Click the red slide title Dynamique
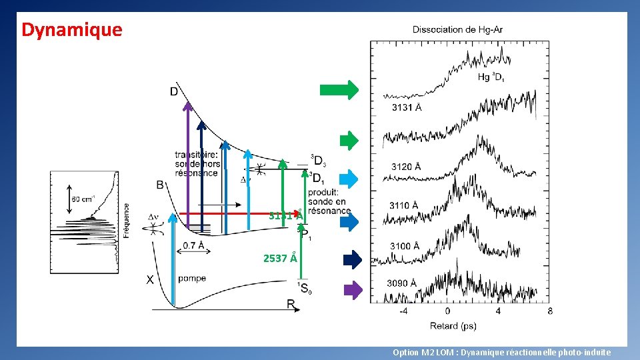(72, 30)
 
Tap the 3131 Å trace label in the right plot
(407, 107)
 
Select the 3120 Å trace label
(405, 166)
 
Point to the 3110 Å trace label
(404, 205)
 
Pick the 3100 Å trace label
(405, 246)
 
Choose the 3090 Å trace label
(401, 283)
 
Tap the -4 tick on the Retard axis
(403, 311)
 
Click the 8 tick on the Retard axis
(549, 311)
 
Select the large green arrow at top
(339, 90)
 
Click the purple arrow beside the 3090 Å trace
(353, 290)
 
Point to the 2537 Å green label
(280, 258)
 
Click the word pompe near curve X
(192, 279)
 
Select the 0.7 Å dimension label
(193, 246)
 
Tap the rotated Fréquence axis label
(127, 220)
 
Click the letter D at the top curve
(174, 91)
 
